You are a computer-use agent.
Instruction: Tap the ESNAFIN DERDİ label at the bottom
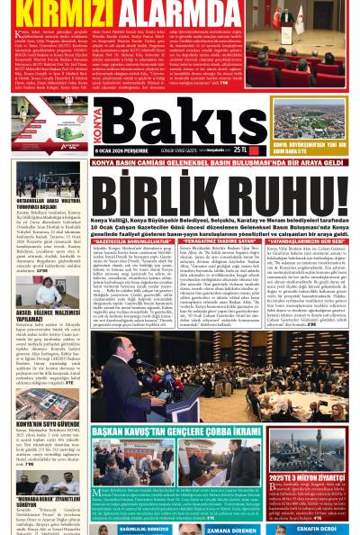coord(316,529)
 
